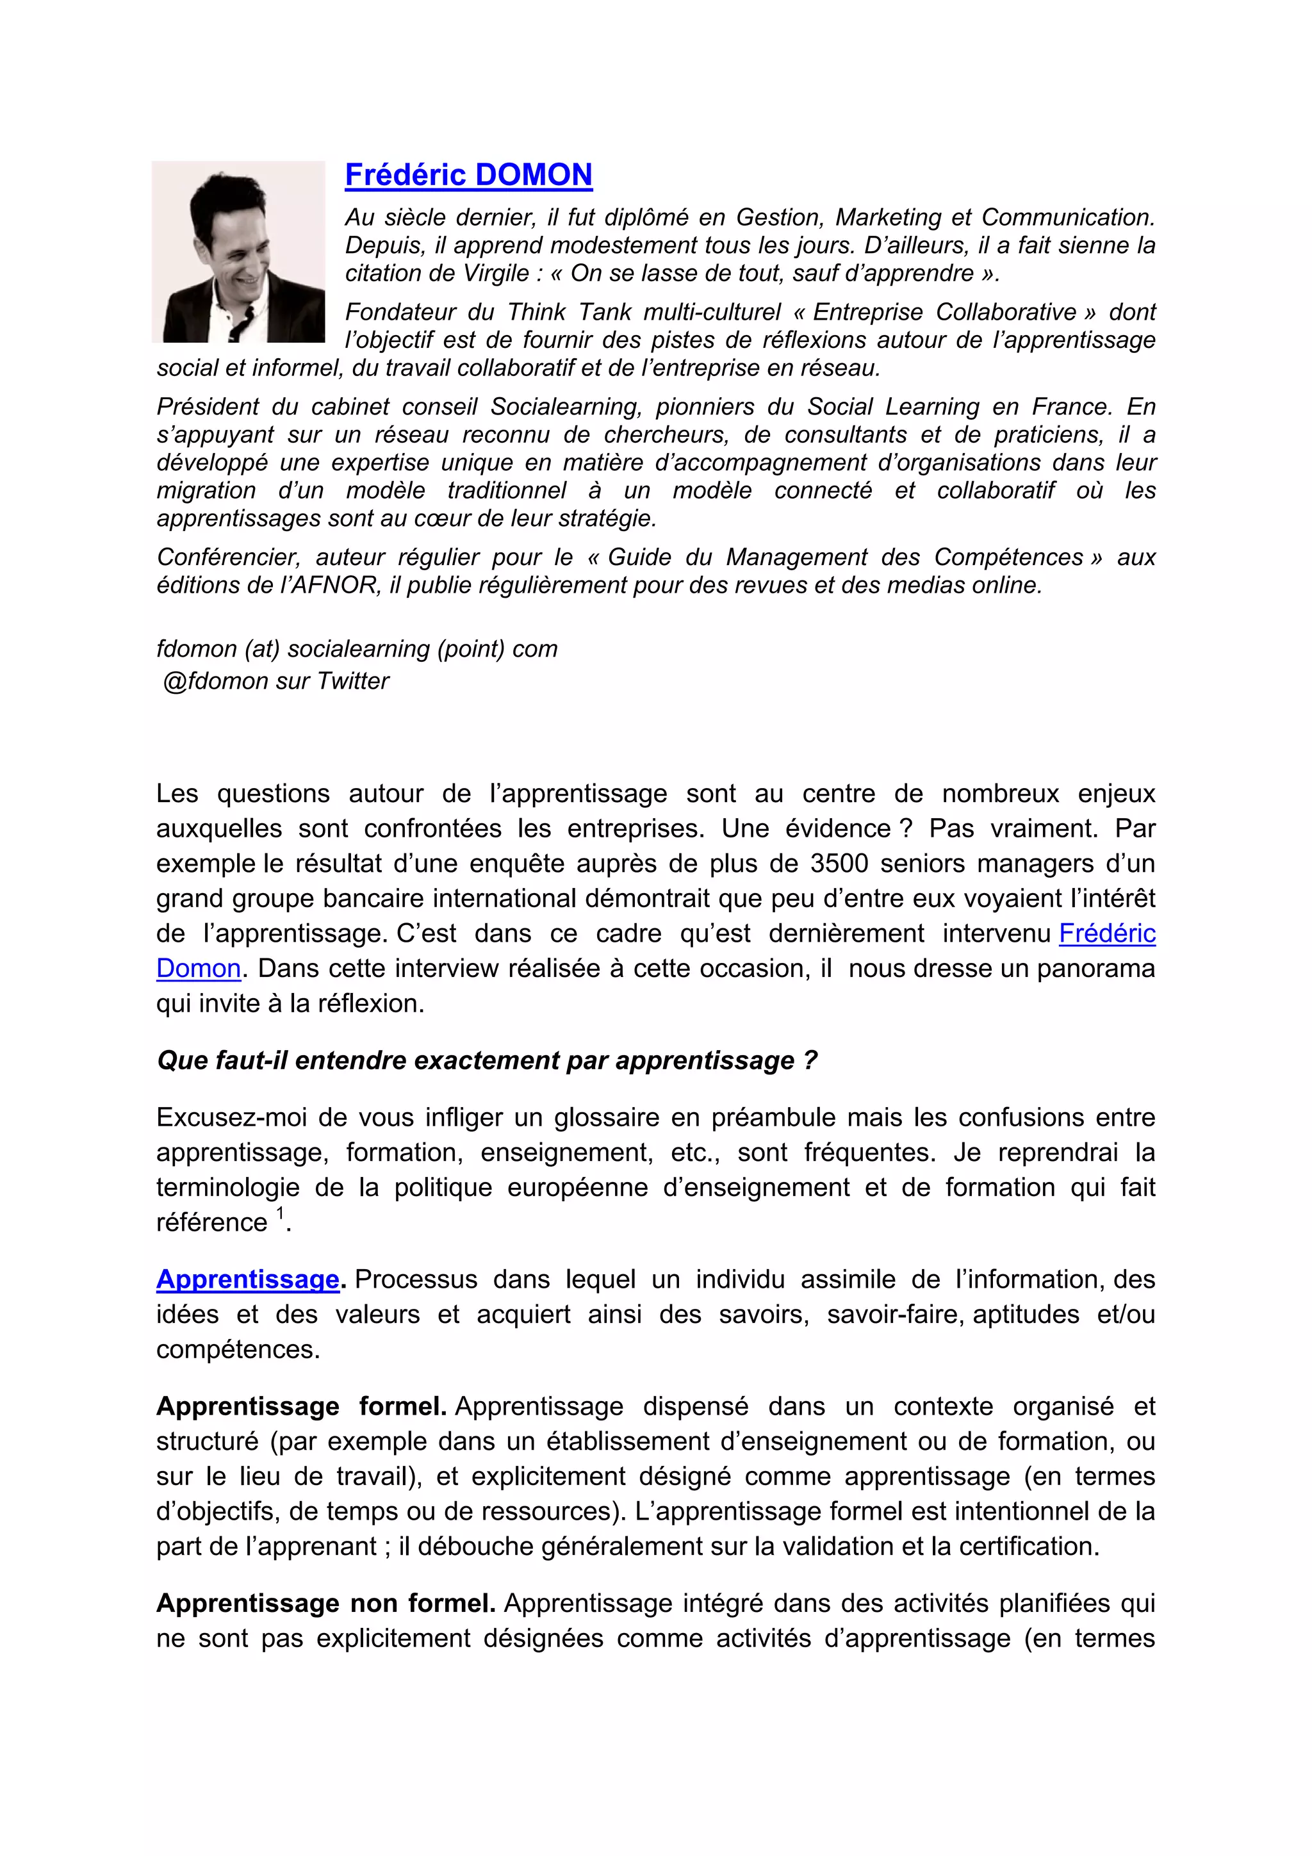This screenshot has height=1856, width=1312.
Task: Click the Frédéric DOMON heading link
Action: tap(468, 176)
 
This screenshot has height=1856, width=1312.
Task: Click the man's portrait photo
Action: tap(238, 251)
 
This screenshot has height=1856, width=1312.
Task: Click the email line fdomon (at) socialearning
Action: tap(356, 648)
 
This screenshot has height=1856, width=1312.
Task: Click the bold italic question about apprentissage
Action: tap(487, 1060)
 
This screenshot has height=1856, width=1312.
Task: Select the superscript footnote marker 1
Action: tap(281, 1213)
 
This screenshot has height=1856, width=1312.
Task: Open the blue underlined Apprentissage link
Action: tap(247, 1279)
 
